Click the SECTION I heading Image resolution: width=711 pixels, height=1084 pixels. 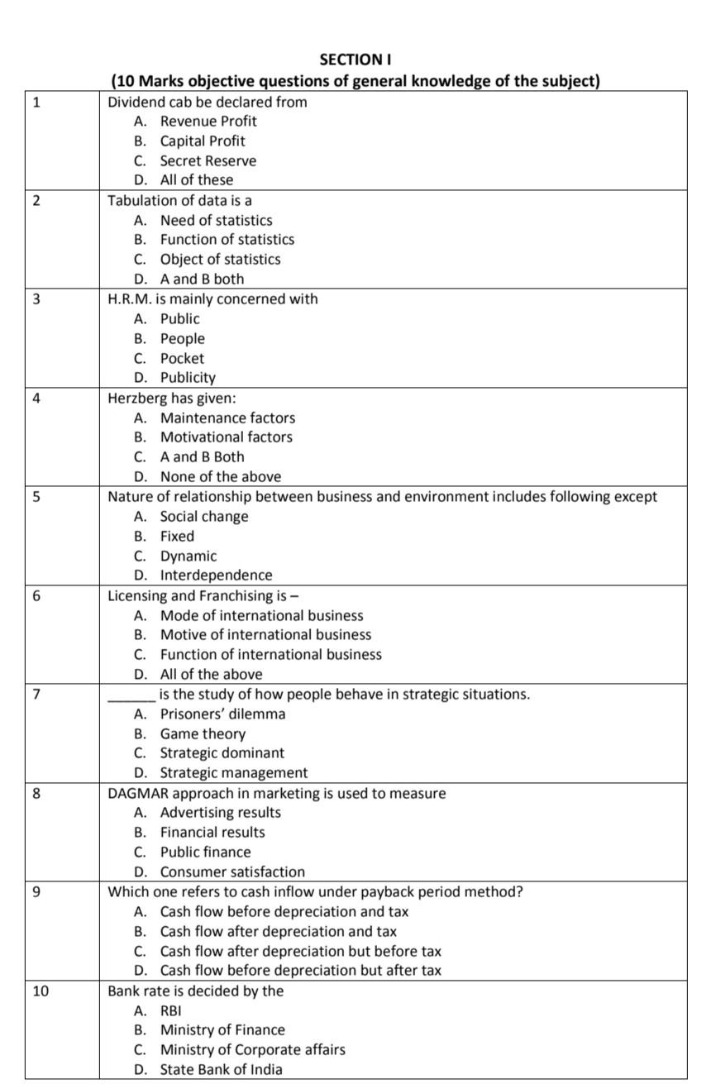tap(355, 60)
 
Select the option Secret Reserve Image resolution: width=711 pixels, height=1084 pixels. tap(208, 160)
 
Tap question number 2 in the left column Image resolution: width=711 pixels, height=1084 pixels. tap(35, 201)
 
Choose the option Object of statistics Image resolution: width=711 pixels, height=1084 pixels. tap(220, 259)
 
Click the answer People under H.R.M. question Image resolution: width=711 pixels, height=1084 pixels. tap(182, 338)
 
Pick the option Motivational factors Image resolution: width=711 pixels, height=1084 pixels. tap(226, 437)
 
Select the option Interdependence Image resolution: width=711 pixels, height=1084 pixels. tap(216, 575)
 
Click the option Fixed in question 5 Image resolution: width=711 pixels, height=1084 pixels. tap(177, 536)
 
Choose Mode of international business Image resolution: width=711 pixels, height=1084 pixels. tap(261, 615)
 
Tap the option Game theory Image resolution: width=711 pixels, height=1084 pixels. tap(203, 733)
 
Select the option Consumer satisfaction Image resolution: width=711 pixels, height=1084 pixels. tap(232, 871)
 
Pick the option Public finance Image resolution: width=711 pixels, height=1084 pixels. tap(205, 852)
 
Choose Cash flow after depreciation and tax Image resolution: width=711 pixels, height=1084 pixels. tap(278, 931)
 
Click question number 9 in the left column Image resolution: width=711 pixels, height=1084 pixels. tap(35, 892)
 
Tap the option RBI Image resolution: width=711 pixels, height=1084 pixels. tap(171, 1010)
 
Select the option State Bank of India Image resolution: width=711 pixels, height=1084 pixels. tap(221, 1069)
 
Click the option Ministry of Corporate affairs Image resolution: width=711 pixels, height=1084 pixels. tap(252, 1049)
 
